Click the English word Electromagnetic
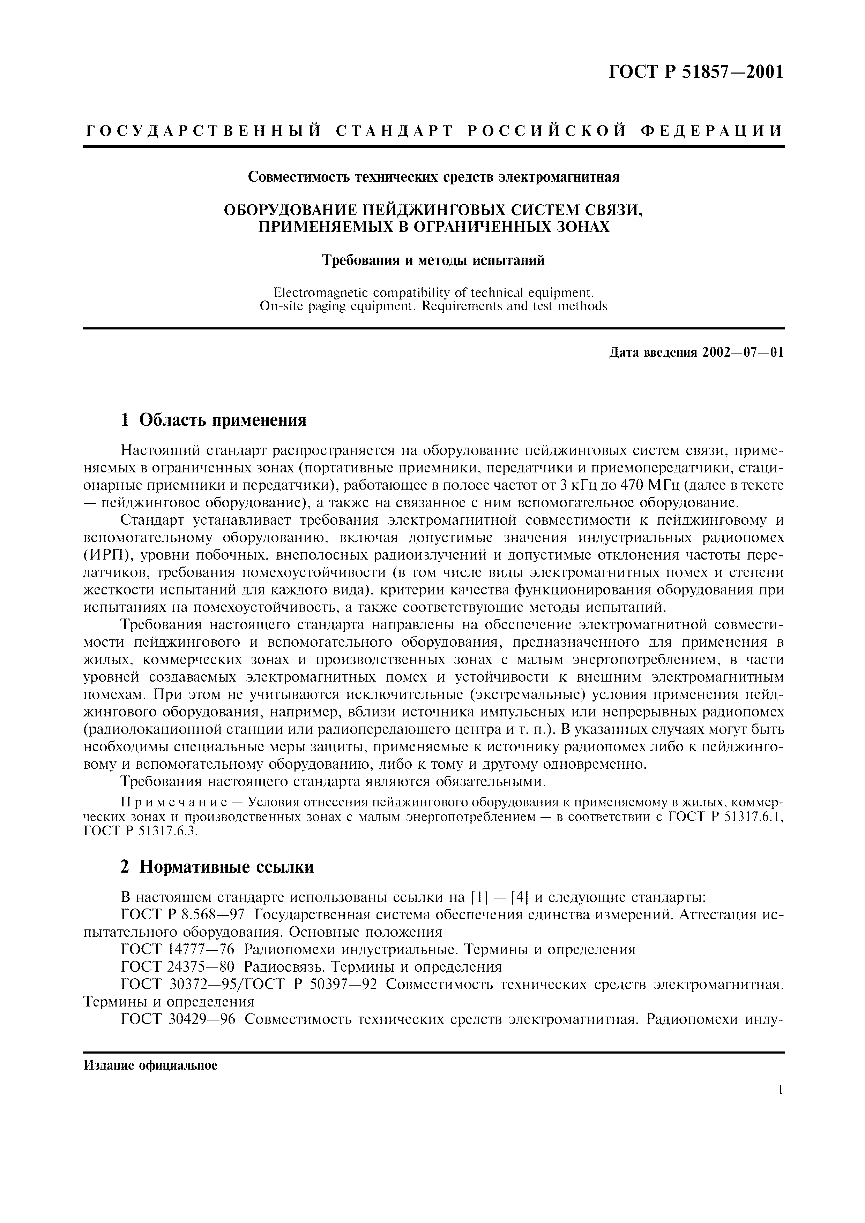[x=320, y=293]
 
